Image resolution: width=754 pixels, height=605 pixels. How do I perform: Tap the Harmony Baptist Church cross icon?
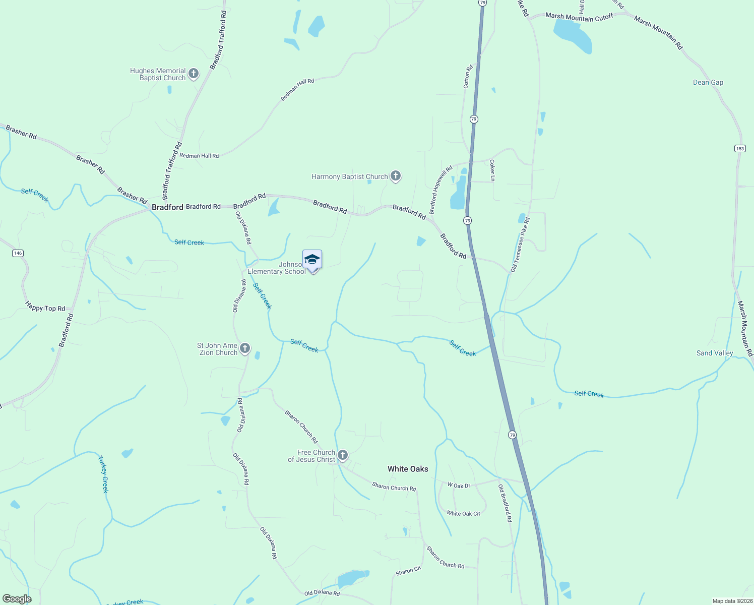(x=396, y=176)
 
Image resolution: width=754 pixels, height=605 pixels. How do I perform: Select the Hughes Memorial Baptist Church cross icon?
(x=193, y=74)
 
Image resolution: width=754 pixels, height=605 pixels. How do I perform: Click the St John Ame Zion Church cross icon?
(x=245, y=348)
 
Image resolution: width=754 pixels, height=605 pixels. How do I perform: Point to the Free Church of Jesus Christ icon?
(x=343, y=455)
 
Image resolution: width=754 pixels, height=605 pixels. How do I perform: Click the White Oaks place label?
(x=408, y=469)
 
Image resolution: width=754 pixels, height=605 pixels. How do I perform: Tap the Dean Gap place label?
(x=708, y=82)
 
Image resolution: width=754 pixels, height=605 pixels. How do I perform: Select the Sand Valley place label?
(x=714, y=353)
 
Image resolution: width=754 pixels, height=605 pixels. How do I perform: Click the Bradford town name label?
(x=167, y=207)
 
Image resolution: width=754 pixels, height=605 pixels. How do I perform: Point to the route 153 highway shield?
(x=739, y=148)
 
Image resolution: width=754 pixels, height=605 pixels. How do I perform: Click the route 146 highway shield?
(x=18, y=253)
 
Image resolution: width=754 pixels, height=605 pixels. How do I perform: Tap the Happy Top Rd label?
(x=45, y=307)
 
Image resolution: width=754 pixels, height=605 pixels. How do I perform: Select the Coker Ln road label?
(x=492, y=170)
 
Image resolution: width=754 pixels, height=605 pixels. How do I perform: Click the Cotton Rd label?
(x=468, y=77)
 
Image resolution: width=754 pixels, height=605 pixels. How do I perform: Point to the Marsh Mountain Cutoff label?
(x=579, y=17)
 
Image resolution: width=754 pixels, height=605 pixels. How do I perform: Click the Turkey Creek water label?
(x=103, y=474)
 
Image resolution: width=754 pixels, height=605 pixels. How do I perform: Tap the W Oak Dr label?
(x=459, y=486)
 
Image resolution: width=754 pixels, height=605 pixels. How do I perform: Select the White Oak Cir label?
(x=463, y=513)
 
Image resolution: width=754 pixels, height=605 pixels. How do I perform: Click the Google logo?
(x=17, y=599)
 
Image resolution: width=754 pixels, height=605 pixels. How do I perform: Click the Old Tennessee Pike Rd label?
(x=520, y=245)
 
